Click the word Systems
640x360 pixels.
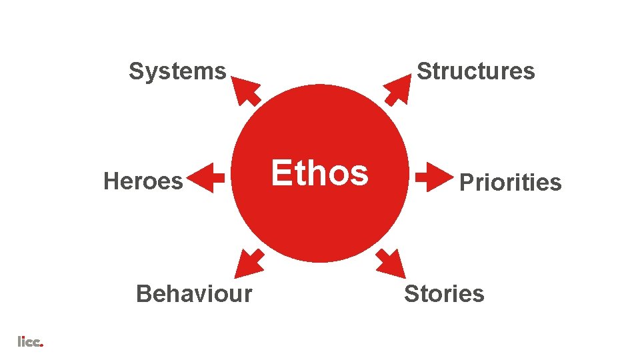[x=177, y=71]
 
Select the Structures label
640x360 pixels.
[x=475, y=71]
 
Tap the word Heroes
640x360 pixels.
[x=143, y=181]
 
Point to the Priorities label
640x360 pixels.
[x=511, y=182]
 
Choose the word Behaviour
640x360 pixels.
[x=194, y=293]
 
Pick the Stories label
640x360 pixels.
[x=444, y=293]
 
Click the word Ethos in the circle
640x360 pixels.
[x=319, y=173]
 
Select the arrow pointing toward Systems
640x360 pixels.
[x=246, y=90]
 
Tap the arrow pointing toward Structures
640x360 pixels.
[x=398, y=89]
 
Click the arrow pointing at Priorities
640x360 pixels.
[x=433, y=177]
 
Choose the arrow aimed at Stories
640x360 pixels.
[x=391, y=263]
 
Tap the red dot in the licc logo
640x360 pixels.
[x=42, y=345]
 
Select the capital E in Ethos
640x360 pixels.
[x=281, y=173]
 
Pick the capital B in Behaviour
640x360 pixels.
[x=143, y=293]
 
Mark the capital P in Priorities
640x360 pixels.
[x=467, y=182]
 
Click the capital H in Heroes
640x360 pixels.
[x=111, y=181]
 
